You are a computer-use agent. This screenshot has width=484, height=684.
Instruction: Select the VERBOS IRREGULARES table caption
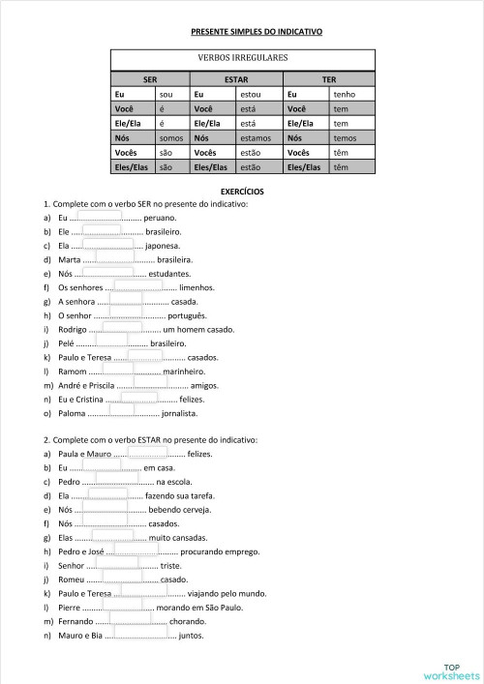coord(242,58)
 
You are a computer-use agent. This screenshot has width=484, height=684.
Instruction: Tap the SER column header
coord(150,80)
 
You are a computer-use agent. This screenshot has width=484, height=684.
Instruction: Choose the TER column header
coord(329,80)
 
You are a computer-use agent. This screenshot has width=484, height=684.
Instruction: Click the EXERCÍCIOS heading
coord(242,192)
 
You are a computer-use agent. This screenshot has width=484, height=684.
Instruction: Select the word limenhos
coord(197,287)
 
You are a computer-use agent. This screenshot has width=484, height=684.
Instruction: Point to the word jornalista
coord(179,413)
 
